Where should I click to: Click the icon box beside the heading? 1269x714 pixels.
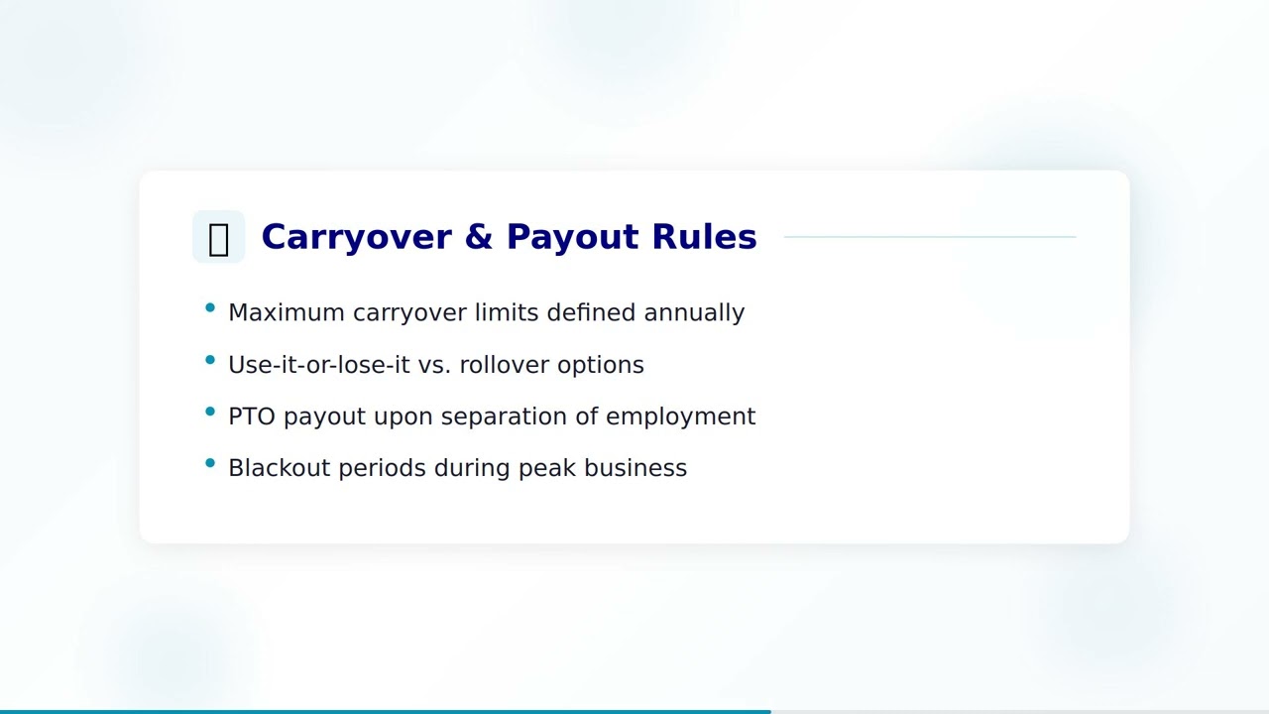[x=218, y=237]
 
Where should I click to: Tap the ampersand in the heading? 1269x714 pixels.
[x=479, y=237]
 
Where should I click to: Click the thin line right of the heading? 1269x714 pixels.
[x=929, y=237]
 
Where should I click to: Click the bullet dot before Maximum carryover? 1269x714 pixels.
[x=210, y=308]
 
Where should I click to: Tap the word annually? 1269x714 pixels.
[x=694, y=312]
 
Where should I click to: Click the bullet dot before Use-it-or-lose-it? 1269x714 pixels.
[x=210, y=360]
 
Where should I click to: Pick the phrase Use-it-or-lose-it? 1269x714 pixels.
[x=318, y=365]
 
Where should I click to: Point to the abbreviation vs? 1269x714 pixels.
[x=434, y=365]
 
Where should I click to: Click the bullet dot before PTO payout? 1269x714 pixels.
[x=210, y=412]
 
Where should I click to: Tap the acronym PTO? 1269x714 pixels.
[x=252, y=416]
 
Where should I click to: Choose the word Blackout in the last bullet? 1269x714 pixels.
[x=279, y=468]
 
